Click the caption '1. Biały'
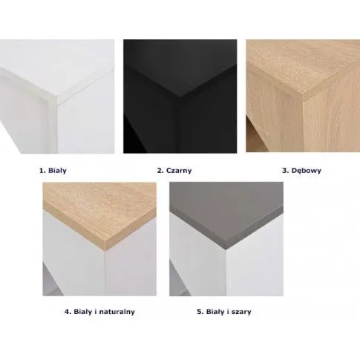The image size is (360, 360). [x=53, y=171]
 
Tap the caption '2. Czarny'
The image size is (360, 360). [x=174, y=171]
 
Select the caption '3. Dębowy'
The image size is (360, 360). [x=301, y=171]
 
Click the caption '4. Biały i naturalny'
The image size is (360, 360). [x=99, y=312]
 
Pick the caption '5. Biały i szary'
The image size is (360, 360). [x=224, y=312]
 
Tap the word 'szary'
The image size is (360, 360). [x=242, y=312]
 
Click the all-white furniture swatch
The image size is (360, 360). [x=57, y=96]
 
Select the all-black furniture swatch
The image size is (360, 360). [x=180, y=96]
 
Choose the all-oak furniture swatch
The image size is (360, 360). [x=303, y=96]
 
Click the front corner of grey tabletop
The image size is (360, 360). [x=226, y=248]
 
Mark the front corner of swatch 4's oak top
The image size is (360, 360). [x=105, y=250]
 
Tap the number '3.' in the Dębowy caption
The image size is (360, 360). [x=286, y=171]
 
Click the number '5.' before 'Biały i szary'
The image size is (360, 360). [x=200, y=312]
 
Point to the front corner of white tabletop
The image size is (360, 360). [x=57, y=103]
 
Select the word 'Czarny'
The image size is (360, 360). [x=179, y=171]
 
